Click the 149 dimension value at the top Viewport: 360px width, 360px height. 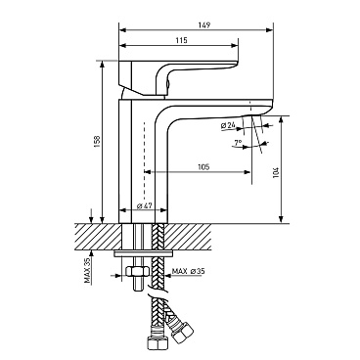click(x=204, y=24)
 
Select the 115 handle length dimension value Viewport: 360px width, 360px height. click(x=181, y=40)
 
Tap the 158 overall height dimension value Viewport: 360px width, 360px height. click(x=97, y=141)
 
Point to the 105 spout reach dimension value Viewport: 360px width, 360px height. click(x=203, y=167)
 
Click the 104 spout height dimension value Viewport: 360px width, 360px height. click(x=275, y=173)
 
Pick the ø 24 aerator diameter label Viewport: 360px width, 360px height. click(x=228, y=125)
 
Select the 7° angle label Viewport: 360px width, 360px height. click(x=238, y=143)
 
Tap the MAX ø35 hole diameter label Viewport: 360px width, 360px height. click(x=190, y=271)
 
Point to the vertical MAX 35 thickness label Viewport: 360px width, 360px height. click(x=87, y=270)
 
